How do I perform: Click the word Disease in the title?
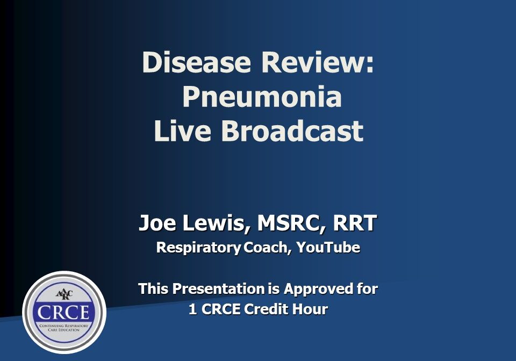tap(197, 63)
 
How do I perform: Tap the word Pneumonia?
tap(262, 97)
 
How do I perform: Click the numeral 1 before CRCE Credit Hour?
tap(192, 310)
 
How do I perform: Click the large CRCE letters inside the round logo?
tap(64, 312)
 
